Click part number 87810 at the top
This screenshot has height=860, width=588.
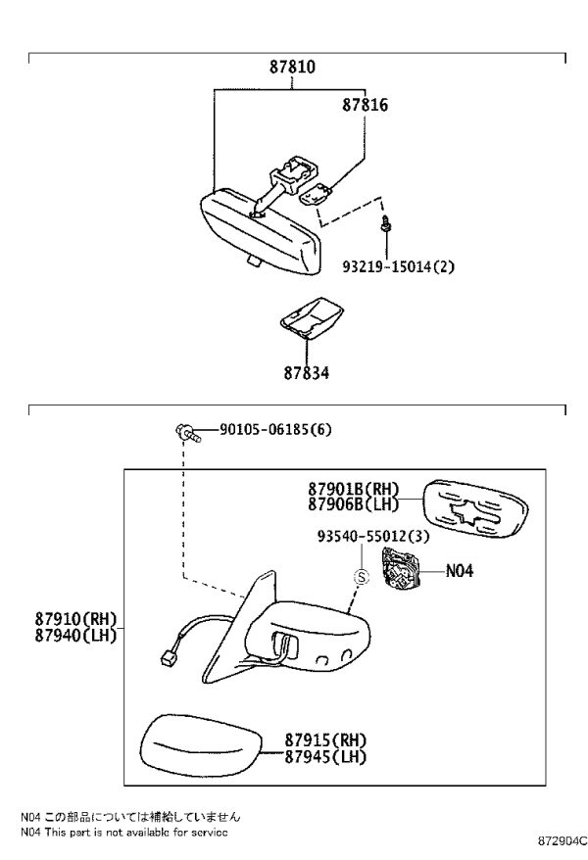pyautogui.click(x=292, y=67)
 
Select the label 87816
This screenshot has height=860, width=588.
pyautogui.click(x=365, y=105)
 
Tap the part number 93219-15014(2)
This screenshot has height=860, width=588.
pyautogui.click(x=398, y=267)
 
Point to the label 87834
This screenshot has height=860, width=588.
pyautogui.click(x=307, y=373)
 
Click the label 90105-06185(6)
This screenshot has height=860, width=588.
pyautogui.click(x=275, y=429)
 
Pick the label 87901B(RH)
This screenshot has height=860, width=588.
pyautogui.click(x=353, y=488)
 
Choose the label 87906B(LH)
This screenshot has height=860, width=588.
pyautogui.click(x=353, y=504)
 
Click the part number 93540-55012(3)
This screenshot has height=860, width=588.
pyautogui.click(x=373, y=536)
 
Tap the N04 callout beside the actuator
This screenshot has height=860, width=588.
pyautogui.click(x=459, y=571)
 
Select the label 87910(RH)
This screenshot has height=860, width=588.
pyautogui.click(x=76, y=619)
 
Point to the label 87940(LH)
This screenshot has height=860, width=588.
pyautogui.click(x=76, y=635)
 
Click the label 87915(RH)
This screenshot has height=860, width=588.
pyautogui.click(x=325, y=741)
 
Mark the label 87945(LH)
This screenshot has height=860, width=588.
pyautogui.click(x=325, y=757)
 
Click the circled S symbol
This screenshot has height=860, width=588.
pyautogui.click(x=362, y=577)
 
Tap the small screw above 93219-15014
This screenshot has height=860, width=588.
pyautogui.click(x=385, y=222)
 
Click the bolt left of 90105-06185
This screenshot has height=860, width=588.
pyautogui.click(x=188, y=432)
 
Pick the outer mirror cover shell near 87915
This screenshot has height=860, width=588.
pyautogui.click(x=200, y=746)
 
